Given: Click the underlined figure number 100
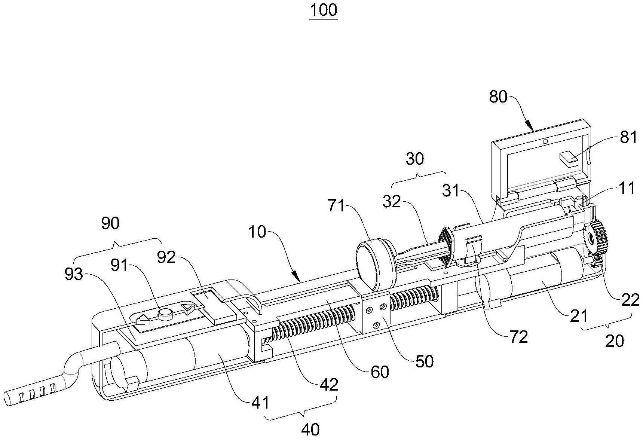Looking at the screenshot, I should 324,10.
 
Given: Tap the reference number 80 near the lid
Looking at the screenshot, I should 498,97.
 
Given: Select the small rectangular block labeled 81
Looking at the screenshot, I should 569,159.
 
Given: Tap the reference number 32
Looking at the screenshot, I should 392,202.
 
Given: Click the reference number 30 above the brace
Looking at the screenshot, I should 415,159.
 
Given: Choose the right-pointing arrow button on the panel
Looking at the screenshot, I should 188,308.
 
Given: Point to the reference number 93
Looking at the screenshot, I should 73,275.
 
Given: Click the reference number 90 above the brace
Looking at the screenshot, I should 110,223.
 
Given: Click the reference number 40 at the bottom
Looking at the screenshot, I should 310,429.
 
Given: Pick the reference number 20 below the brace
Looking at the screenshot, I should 614,341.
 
